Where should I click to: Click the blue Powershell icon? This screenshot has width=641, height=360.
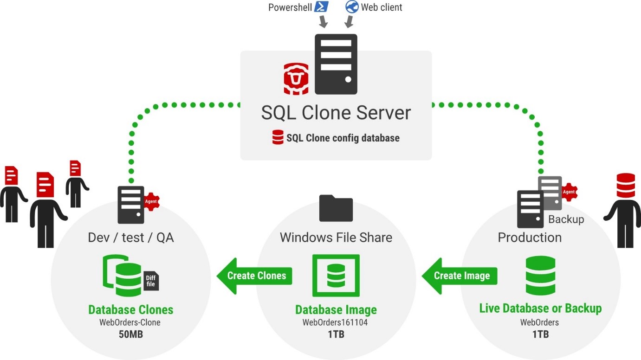[322, 6]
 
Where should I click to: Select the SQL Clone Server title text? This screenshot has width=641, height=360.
[336, 113]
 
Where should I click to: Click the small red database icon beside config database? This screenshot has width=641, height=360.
[278, 138]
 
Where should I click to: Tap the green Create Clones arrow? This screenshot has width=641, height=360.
[254, 276]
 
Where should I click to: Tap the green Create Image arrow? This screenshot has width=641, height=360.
[459, 276]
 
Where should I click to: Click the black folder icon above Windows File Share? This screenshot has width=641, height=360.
[336, 208]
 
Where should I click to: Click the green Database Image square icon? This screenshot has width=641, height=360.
[336, 276]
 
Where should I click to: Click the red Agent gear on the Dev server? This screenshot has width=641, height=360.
[151, 201]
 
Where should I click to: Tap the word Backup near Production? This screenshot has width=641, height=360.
[566, 219]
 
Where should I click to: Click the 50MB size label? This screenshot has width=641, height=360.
[130, 334]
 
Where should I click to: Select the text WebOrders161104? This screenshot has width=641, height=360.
[335, 322]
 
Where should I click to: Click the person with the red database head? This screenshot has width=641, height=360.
[624, 209]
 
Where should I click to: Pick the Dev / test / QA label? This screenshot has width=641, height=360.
[130, 238]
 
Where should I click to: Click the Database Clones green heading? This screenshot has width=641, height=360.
[130, 309]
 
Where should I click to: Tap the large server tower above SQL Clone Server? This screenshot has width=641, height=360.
[336, 64]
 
